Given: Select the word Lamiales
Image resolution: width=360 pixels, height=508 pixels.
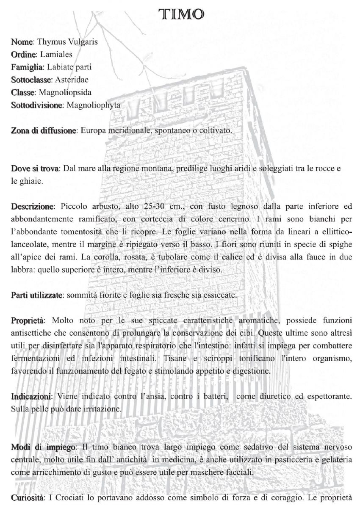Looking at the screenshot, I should [56, 54].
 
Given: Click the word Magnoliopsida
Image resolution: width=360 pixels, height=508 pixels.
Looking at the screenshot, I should [65, 92].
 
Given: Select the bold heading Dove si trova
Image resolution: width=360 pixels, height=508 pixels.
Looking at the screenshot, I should [34, 168].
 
